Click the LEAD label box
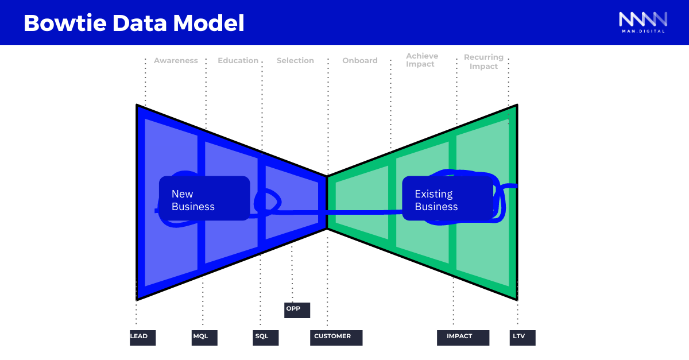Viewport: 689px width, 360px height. coord(142,338)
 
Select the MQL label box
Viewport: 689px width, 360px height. coord(204,338)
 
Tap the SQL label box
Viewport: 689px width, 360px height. coord(265,338)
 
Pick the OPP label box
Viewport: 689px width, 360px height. coord(297,310)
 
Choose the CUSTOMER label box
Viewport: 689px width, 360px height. coord(336,338)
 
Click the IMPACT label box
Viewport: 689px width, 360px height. coord(463,338)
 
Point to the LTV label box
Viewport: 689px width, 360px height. coord(522,338)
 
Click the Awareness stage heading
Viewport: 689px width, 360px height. coord(176,61)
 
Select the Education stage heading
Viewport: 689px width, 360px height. coord(238,61)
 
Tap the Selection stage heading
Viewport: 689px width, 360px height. coord(295,61)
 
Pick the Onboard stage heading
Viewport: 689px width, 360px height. coord(360,61)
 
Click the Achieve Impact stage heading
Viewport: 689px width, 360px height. coord(421,60)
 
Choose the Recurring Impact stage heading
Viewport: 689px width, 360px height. coord(483,62)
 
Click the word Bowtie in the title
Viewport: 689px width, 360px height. coord(63,23)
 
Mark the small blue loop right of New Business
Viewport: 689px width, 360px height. coord(267,201)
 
